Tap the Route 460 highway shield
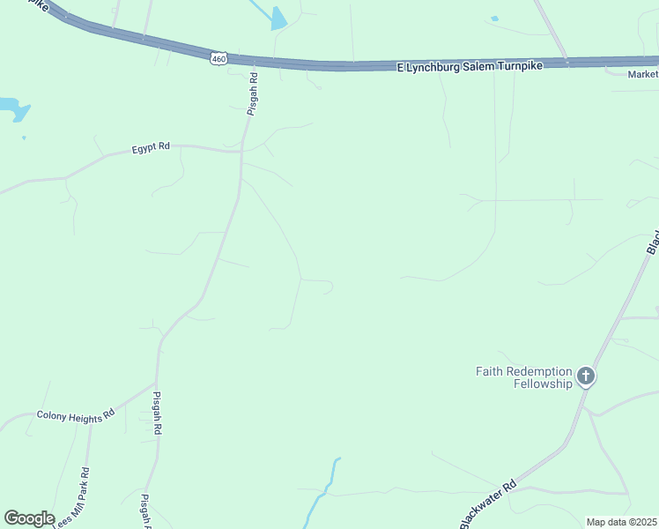218,59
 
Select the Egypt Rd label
152,146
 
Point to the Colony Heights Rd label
76,414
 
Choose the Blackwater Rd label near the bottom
487,505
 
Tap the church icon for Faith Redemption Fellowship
586,377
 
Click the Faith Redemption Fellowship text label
524,377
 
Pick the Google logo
29,518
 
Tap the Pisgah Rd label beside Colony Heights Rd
158,413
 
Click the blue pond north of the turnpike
279,19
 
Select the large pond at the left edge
13,108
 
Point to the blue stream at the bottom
321,494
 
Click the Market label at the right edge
643,74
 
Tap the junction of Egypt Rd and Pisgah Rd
241,152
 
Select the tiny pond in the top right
494,19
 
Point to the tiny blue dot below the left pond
24,138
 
